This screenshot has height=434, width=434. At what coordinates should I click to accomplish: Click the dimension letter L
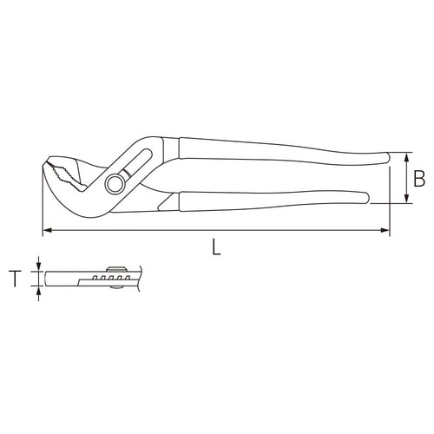[x=216, y=246]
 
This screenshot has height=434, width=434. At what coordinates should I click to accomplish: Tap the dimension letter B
[x=418, y=180]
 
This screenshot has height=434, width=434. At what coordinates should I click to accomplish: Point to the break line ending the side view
[x=133, y=278]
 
